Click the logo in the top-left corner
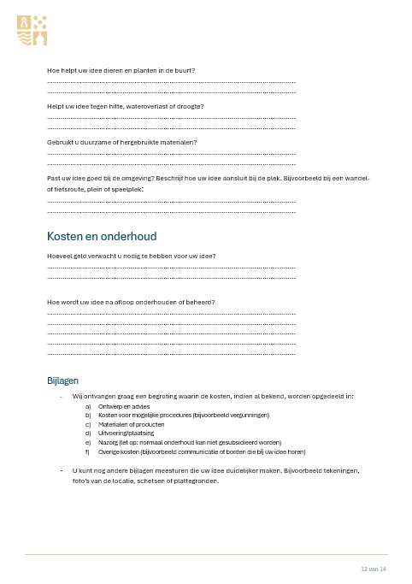(32, 30)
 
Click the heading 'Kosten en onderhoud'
(101, 236)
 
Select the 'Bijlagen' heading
(64, 380)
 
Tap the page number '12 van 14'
(374, 569)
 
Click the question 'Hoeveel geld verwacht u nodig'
(131, 256)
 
